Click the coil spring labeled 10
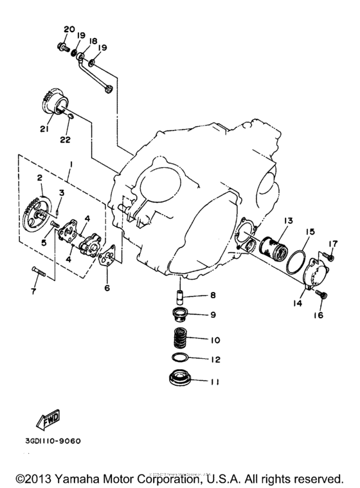click(x=183, y=338)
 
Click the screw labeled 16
click(x=322, y=296)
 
